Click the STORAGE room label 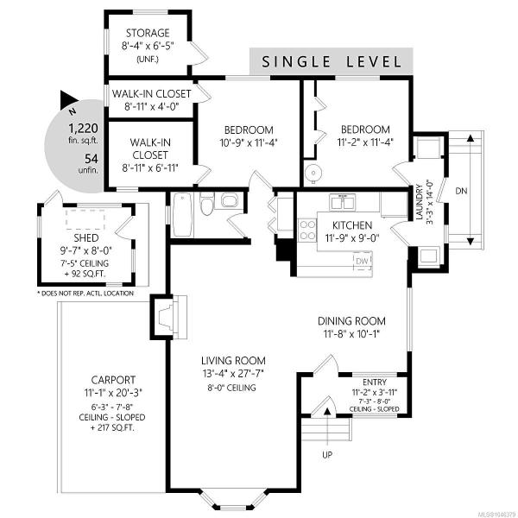(148, 33)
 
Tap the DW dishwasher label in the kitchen (362, 261)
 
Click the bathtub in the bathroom (182, 215)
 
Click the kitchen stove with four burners (306, 230)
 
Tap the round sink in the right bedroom (312, 172)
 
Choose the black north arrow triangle (68, 100)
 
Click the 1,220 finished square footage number (83, 128)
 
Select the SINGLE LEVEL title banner (331, 61)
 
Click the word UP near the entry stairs (326, 455)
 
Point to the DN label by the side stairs (461, 191)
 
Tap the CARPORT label (113, 380)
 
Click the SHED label (85, 238)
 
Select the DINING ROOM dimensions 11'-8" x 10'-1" (351, 334)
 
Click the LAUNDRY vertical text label (420, 202)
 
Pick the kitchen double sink (342, 202)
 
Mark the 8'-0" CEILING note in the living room (231, 388)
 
